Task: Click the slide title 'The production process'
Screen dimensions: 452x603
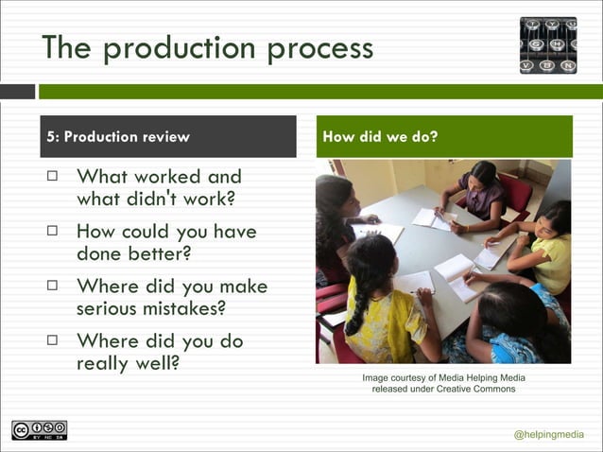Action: [x=207, y=47]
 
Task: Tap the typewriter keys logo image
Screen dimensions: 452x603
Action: [x=547, y=44]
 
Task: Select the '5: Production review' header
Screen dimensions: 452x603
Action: [x=119, y=136]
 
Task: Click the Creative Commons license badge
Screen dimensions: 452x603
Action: [x=39, y=430]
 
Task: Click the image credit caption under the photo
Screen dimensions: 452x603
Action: [x=443, y=384]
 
